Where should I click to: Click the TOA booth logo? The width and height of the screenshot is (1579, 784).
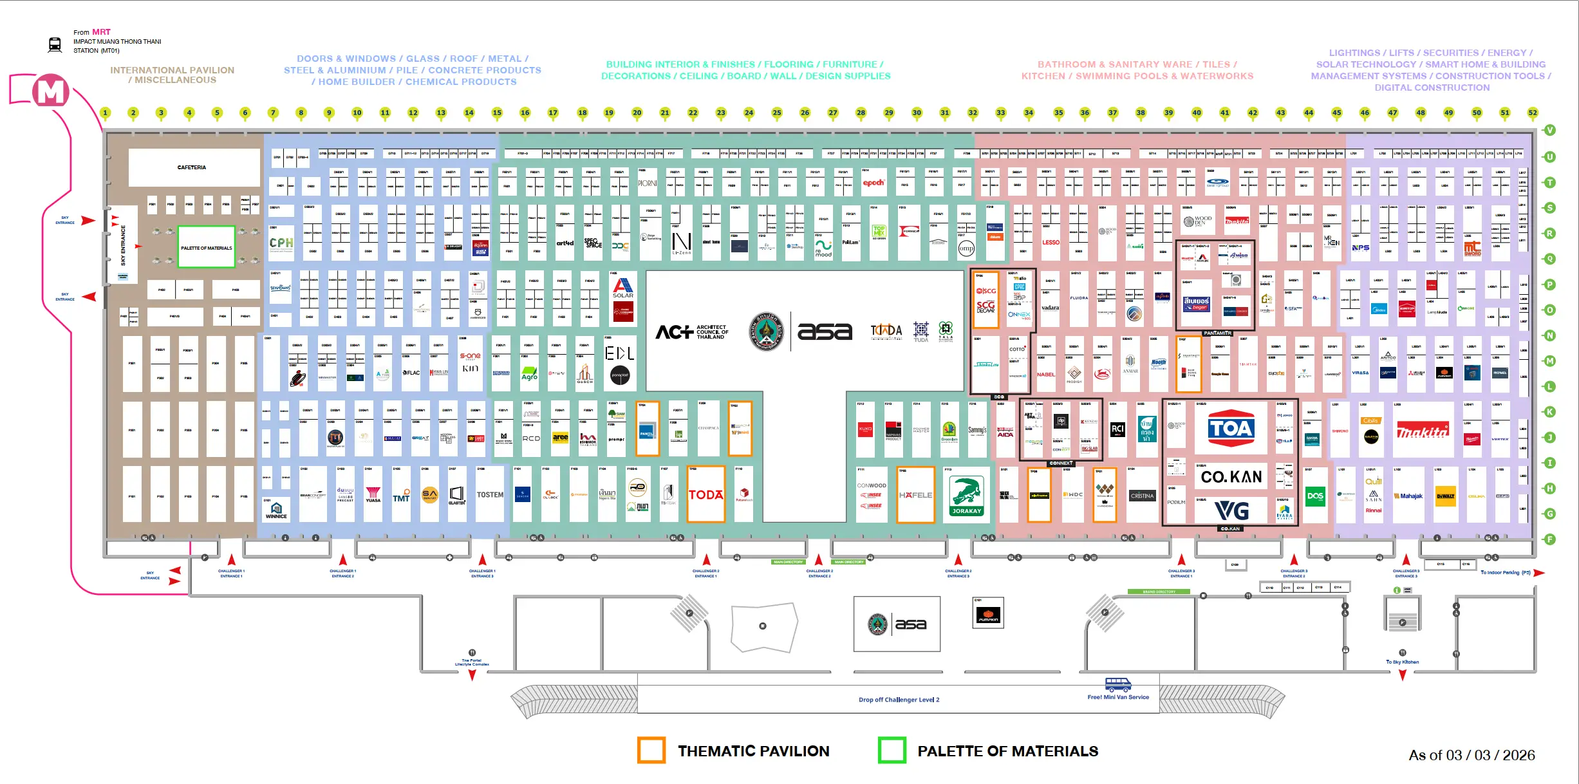pyautogui.click(x=1230, y=428)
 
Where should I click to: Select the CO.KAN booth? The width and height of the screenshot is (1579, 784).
pyautogui.click(x=1231, y=477)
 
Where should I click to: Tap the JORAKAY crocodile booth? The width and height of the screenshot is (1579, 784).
pyautogui.click(x=966, y=496)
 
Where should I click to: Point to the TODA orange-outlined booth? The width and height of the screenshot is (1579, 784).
pyautogui.click(x=705, y=494)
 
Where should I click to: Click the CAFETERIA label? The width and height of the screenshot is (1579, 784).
pyautogui.click(x=192, y=167)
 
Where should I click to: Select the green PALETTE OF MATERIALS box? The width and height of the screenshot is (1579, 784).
pyautogui.click(x=206, y=247)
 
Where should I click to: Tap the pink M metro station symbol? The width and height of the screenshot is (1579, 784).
pyautogui.click(x=51, y=91)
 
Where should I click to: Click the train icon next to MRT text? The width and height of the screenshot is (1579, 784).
pyautogui.click(x=55, y=44)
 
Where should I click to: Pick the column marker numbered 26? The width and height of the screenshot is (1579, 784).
pyautogui.click(x=805, y=113)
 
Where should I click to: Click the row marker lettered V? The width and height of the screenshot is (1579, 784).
pyautogui.click(x=1549, y=130)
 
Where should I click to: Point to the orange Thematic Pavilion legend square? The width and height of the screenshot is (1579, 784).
pyautogui.click(x=651, y=751)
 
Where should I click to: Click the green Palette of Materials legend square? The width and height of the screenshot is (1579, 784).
pyautogui.click(x=892, y=751)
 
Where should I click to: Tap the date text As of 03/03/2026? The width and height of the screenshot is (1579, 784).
pyautogui.click(x=1472, y=755)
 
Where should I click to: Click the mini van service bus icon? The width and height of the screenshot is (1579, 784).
pyautogui.click(x=1117, y=684)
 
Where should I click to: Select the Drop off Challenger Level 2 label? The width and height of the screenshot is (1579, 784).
pyautogui.click(x=899, y=700)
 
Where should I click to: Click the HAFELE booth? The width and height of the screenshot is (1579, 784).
pyautogui.click(x=915, y=495)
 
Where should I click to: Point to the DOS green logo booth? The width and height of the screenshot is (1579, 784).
pyautogui.click(x=1315, y=496)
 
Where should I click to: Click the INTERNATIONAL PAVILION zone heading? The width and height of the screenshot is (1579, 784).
pyautogui.click(x=172, y=75)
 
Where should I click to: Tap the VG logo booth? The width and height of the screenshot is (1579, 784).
pyautogui.click(x=1231, y=511)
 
